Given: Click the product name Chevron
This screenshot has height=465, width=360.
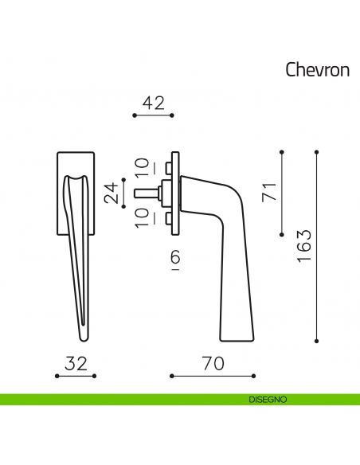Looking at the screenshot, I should click(x=317, y=69).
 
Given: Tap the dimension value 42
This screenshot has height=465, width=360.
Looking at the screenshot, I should click(x=153, y=103).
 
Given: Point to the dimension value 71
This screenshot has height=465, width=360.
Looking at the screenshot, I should click(x=269, y=192).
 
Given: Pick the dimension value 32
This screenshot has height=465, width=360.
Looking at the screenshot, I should click(x=76, y=363).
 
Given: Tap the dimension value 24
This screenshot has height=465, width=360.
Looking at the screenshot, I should click(x=112, y=192).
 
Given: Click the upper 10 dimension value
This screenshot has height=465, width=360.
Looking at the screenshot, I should click(x=141, y=166).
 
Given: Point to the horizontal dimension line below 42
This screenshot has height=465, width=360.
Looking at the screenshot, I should click(x=153, y=116).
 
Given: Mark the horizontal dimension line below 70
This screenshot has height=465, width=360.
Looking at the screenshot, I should click(x=213, y=375).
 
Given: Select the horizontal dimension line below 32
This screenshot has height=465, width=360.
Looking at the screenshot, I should click(x=76, y=375).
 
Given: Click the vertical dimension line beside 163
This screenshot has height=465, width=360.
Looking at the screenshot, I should click(x=318, y=246).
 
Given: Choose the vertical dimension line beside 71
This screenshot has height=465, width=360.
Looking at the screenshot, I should click(x=283, y=192).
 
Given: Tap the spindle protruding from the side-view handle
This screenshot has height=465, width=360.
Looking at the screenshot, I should click(x=148, y=192).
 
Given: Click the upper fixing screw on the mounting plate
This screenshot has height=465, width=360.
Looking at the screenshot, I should click(x=168, y=168).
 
